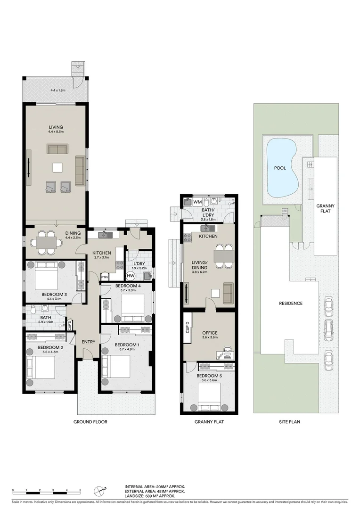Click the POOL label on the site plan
(280, 168)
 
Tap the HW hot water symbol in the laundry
(131, 276)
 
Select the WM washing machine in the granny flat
(197, 202)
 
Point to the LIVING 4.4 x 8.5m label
(56, 129)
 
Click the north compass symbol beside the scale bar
(99, 491)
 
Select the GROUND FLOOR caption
(90, 422)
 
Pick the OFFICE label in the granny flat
(210, 333)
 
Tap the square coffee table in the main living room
(57, 167)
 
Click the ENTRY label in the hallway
(88, 342)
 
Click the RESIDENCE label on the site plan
(291, 303)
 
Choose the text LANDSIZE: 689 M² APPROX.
(150, 496)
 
